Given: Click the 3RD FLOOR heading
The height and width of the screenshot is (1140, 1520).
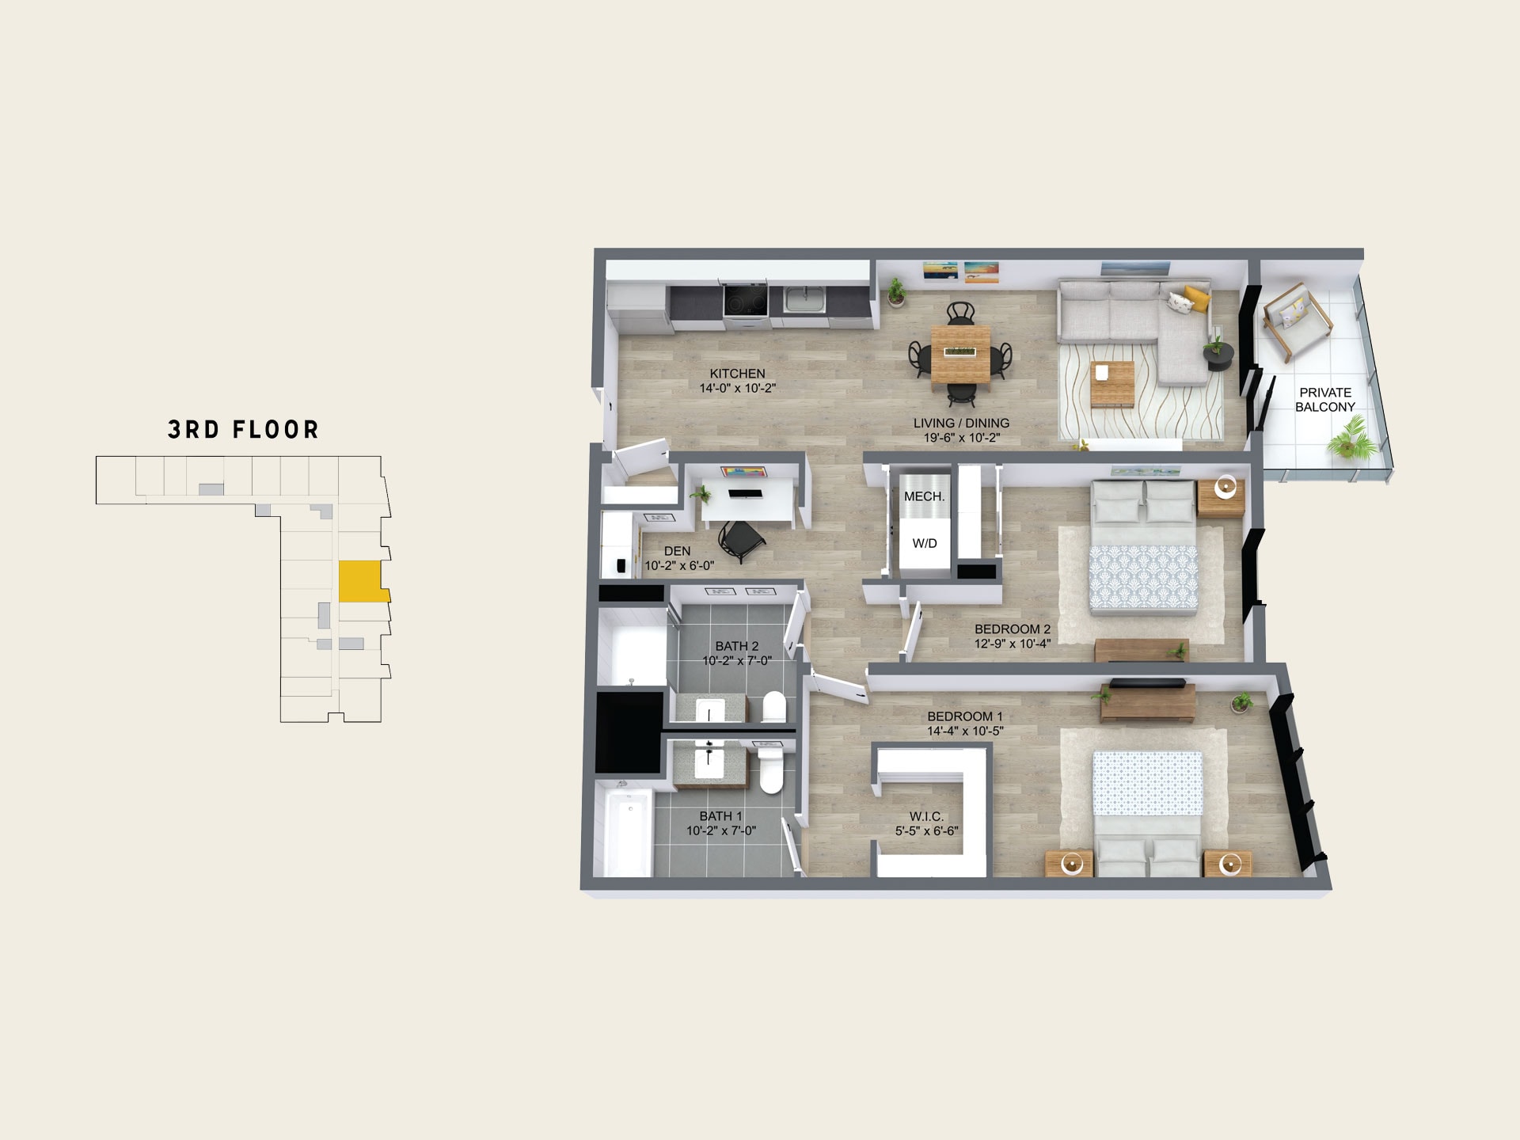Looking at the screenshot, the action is point(243,430).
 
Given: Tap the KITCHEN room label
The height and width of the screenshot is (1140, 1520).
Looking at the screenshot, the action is point(737,374).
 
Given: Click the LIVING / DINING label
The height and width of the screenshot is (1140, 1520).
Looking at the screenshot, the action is point(961,424).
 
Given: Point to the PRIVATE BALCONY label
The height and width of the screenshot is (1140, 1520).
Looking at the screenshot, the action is point(1325,400).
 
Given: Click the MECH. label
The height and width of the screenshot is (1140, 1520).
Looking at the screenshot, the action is point(924,497).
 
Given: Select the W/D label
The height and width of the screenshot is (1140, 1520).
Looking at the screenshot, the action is point(925,544).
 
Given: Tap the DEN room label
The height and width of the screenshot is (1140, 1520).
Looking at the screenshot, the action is point(677,551).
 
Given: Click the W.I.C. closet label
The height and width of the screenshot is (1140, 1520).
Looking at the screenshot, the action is point(926,817).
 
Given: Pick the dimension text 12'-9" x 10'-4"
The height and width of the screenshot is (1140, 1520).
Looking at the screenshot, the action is point(1013,644).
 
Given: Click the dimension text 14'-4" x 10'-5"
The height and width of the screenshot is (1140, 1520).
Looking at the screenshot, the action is point(965,731).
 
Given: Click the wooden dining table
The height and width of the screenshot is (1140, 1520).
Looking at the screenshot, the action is point(960,355).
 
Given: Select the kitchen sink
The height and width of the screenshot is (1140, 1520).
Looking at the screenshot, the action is point(804,300).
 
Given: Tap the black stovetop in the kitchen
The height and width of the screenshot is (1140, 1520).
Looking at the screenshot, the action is point(746,301).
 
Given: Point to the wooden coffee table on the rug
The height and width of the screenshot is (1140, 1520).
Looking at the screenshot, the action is point(1112,384).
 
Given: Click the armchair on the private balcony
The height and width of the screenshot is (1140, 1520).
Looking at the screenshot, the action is point(1297,320).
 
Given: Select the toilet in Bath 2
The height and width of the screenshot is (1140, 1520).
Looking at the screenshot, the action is point(773,707).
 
